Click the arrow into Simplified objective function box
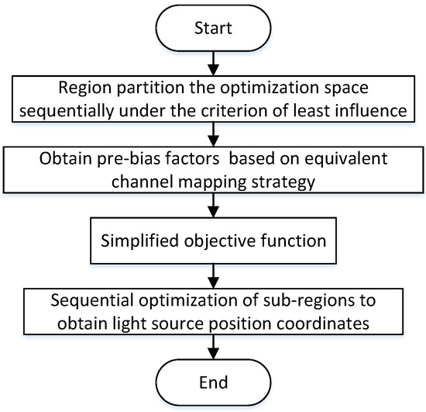[x=213, y=207]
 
